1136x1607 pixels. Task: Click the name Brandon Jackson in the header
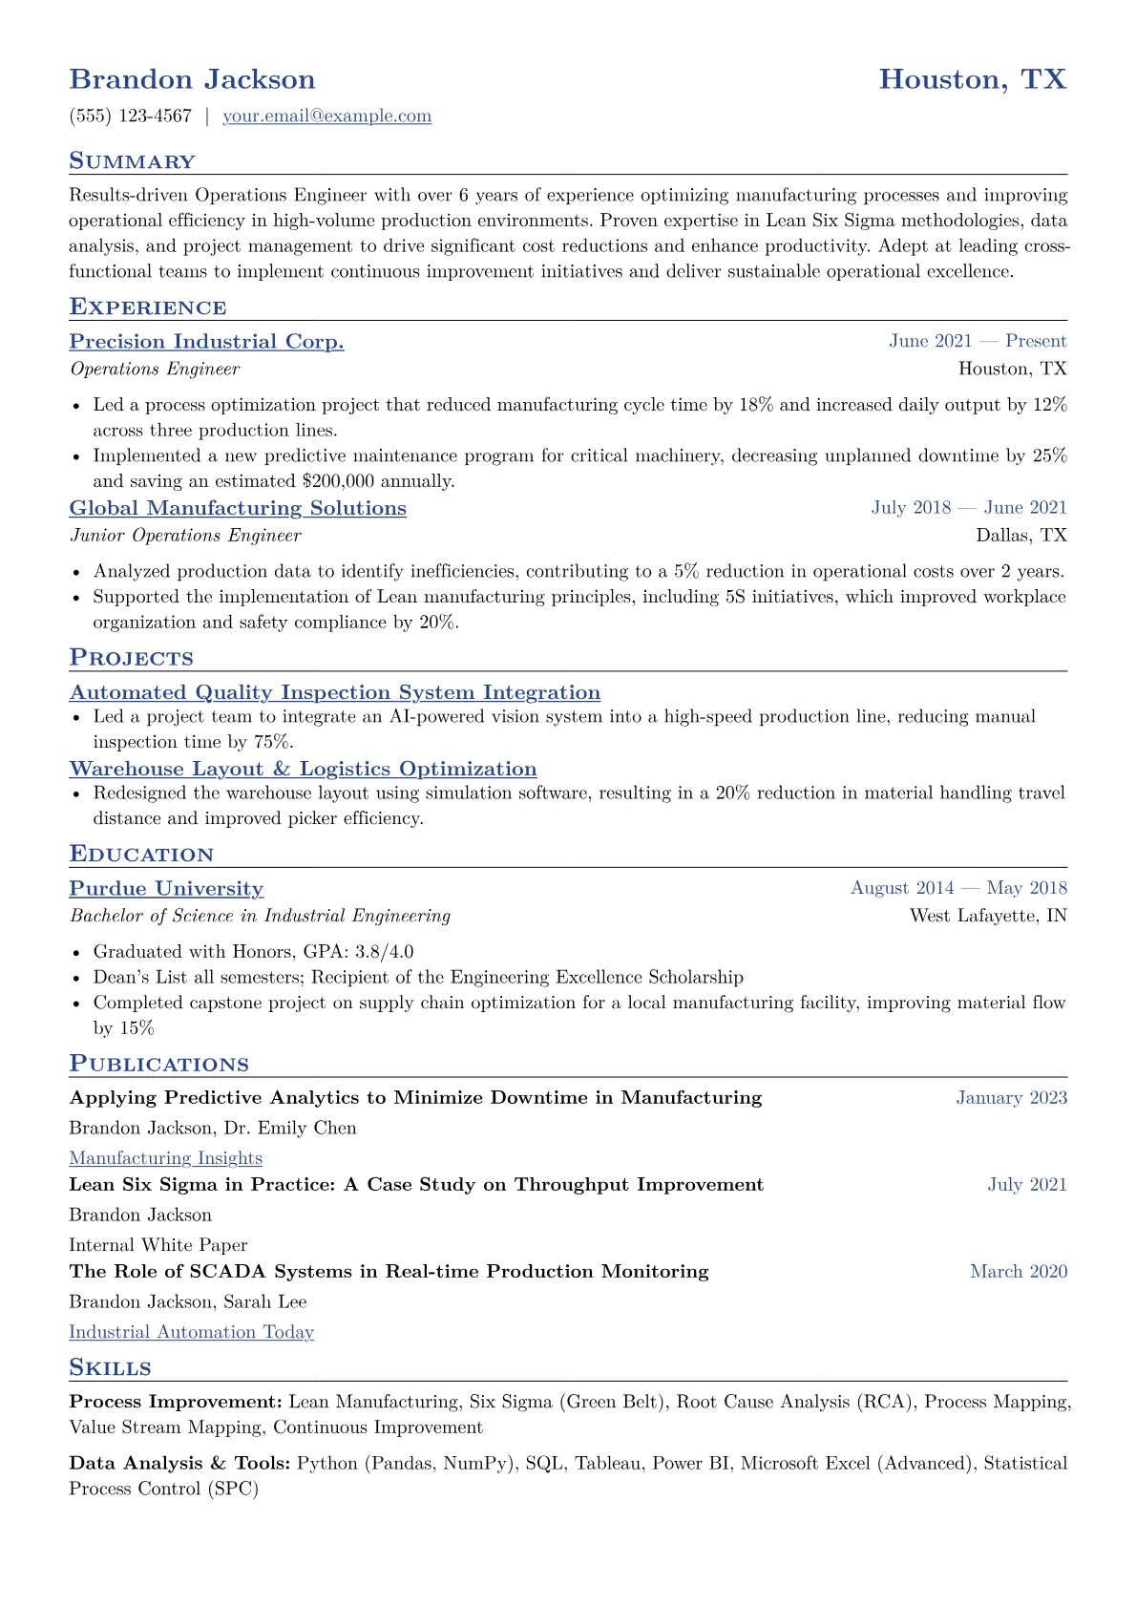pos(192,79)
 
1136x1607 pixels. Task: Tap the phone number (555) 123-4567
pos(131,116)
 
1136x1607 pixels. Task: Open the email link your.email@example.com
pos(326,116)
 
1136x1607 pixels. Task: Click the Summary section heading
pos(132,161)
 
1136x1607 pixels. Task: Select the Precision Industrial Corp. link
pos(206,342)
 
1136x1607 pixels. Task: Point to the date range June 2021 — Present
pos(978,341)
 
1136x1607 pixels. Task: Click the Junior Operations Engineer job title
pos(185,536)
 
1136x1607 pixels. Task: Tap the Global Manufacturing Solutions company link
pos(238,508)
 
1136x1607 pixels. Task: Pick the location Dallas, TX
pos(1021,536)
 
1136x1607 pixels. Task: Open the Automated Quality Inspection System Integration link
pos(334,692)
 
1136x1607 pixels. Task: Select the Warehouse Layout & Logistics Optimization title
pos(303,769)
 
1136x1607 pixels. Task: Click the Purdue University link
pos(166,888)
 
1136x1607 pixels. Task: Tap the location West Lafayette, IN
pos(988,916)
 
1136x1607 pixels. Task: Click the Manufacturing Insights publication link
pos(165,1158)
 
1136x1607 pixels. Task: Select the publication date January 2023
pos(1011,1098)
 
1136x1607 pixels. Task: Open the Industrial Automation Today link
pos(191,1332)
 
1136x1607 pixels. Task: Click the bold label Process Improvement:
pos(176,1402)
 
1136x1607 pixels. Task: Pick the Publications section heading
pos(158,1064)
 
